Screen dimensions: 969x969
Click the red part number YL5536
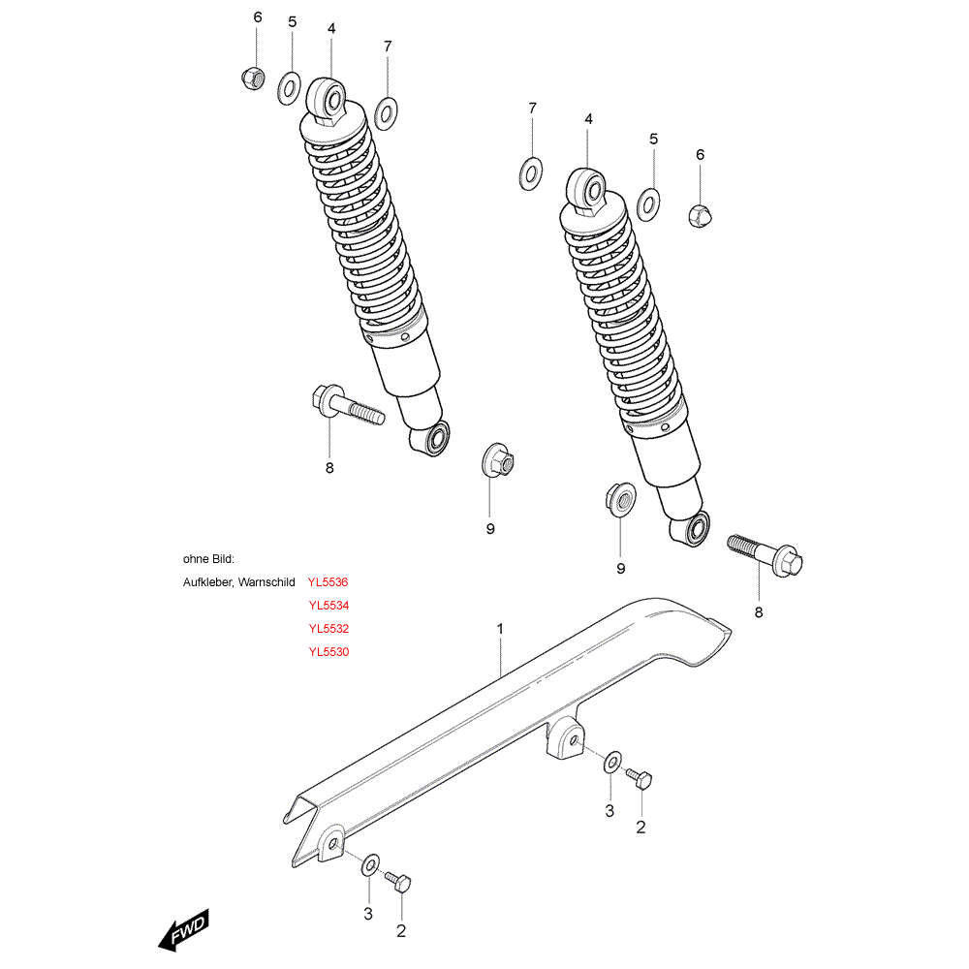328,582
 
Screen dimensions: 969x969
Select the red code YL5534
328,606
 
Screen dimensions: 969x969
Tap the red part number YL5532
328,629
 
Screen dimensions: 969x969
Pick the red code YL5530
328,652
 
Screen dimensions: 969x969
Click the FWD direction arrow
183,933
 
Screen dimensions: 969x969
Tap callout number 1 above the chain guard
500,629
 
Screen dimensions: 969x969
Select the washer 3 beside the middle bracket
612,763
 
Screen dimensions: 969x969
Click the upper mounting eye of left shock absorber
328,99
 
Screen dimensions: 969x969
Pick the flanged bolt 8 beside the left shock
346,403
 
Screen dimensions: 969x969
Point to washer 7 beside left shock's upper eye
386,113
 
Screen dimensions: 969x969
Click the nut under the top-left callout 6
252,76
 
